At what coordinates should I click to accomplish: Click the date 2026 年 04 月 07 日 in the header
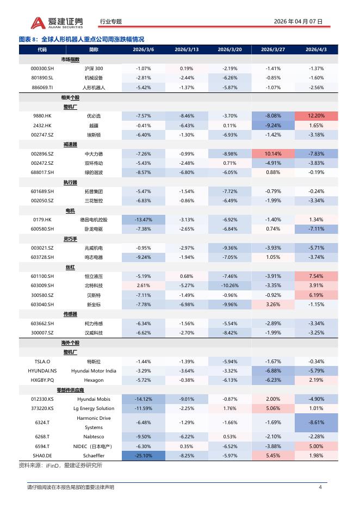point(298,22)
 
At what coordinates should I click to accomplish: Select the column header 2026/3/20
point(229,49)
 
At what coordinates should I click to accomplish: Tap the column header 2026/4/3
point(316,49)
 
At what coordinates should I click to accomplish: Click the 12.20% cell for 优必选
point(316,116)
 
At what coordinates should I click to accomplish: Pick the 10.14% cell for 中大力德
point(273,153)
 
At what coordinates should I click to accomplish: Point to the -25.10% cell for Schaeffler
point(144,455)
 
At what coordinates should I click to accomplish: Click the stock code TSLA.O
point(42,361)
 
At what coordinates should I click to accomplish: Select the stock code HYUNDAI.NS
point(42,370)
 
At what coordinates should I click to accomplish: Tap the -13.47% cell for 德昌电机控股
point(144,219)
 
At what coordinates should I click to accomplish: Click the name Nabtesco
point(94,436)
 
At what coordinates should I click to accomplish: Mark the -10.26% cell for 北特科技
point(229,285)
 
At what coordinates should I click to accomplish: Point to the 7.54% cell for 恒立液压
point(316,276)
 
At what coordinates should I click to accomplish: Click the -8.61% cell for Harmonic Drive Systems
point(316,422)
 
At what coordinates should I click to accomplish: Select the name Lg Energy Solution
point(94,408)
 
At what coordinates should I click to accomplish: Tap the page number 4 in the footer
point(320,487)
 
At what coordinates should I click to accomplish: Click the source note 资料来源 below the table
point(60,465)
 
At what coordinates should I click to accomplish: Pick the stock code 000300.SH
point(42,69)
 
